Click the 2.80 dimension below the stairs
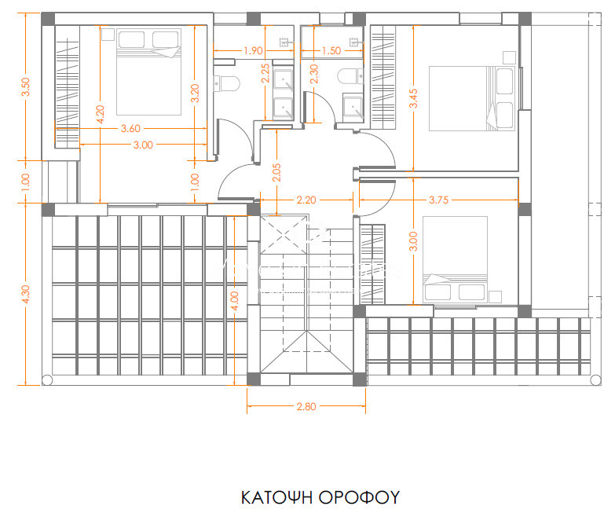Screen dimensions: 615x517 coord(306,406)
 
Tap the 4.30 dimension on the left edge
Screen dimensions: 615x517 coord(25,294)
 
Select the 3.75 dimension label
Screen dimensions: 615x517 coord(438,200)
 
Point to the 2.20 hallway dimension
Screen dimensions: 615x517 coord(306,200)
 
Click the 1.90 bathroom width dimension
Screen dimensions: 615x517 coord(253,50)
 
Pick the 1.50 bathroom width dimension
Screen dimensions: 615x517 coord(331,50)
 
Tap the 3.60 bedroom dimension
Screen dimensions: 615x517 coord(130,128)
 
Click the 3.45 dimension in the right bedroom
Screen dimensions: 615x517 coord(413,98)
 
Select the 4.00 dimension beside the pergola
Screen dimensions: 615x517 coord(235,301)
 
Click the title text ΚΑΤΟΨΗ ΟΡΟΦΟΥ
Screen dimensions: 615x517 coord(320,497)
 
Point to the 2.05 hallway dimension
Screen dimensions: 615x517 coord(276,173)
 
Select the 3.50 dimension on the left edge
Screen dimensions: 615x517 coord(25,87)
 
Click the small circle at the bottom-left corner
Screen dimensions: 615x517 coord(46,379)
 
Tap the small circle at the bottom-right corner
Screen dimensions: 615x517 coord(595,379)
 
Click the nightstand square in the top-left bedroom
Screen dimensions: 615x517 coord(108,34)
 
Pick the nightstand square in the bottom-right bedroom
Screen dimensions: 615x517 coord(496,296)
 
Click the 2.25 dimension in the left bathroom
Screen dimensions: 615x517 coord(265,73)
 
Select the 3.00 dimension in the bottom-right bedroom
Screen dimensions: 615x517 coord(413,241)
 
